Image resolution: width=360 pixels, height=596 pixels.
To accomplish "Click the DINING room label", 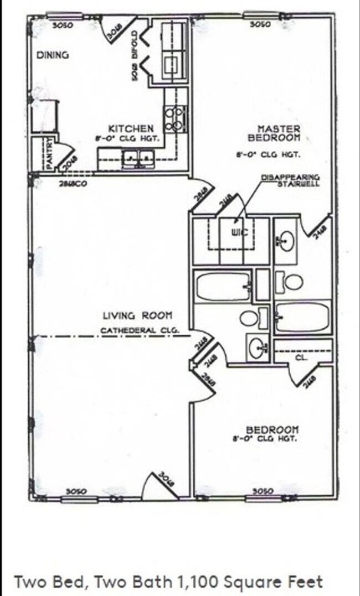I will click(x=52, y=55).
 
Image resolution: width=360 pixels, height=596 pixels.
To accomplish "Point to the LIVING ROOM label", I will click(x=137, y=316).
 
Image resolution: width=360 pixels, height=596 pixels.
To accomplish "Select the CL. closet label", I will click(x=301, y=357).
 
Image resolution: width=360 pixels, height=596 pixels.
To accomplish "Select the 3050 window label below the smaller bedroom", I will click(x=263, y=491).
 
